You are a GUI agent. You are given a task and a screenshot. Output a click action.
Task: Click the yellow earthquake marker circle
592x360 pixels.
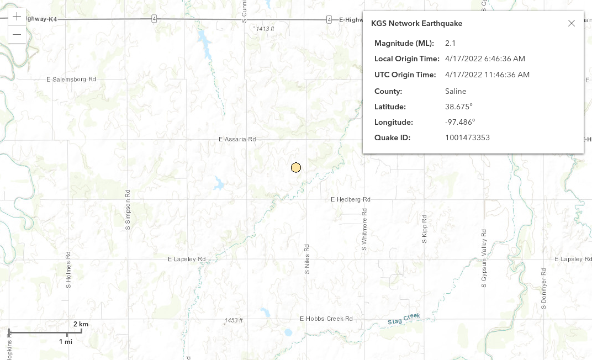coord(296,168)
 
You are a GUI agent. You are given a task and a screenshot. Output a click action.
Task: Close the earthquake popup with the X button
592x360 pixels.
coord(572,23)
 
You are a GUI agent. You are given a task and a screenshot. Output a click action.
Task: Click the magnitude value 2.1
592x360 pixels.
coord(450,43)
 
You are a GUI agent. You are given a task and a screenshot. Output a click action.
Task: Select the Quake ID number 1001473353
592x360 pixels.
coord(467,137)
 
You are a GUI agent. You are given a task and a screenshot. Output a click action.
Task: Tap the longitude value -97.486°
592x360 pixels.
coord(460,122)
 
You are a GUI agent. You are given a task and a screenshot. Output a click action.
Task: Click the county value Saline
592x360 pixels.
coord(456,91)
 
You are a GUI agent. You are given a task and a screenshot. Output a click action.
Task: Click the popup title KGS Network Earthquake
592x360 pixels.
coord(416,23)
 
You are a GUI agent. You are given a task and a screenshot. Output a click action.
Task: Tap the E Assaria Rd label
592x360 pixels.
coord(237,139)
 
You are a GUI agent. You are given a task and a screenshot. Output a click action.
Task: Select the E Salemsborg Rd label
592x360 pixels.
coord(71,80)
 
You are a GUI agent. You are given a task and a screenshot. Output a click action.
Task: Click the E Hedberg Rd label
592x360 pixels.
coord(350,199)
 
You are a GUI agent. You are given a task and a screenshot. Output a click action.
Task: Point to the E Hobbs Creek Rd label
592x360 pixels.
coord(326,319)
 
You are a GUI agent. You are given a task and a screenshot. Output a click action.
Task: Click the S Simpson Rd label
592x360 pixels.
coord(128,210)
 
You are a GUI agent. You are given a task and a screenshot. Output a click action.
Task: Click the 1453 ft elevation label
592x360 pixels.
coord(234,320)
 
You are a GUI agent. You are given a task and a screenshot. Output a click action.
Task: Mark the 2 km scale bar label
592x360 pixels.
coord(81,324)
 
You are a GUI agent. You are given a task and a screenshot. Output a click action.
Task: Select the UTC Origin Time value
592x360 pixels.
coord(487,75)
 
